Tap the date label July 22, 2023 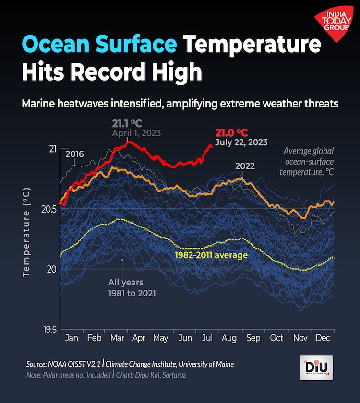[241, 142]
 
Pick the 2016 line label [74, 154]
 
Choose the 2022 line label [245, 166]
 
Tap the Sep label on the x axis [253, 338]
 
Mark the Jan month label [72, 338]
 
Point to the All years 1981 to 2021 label [125, 287]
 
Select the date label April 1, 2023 [136, 133]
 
